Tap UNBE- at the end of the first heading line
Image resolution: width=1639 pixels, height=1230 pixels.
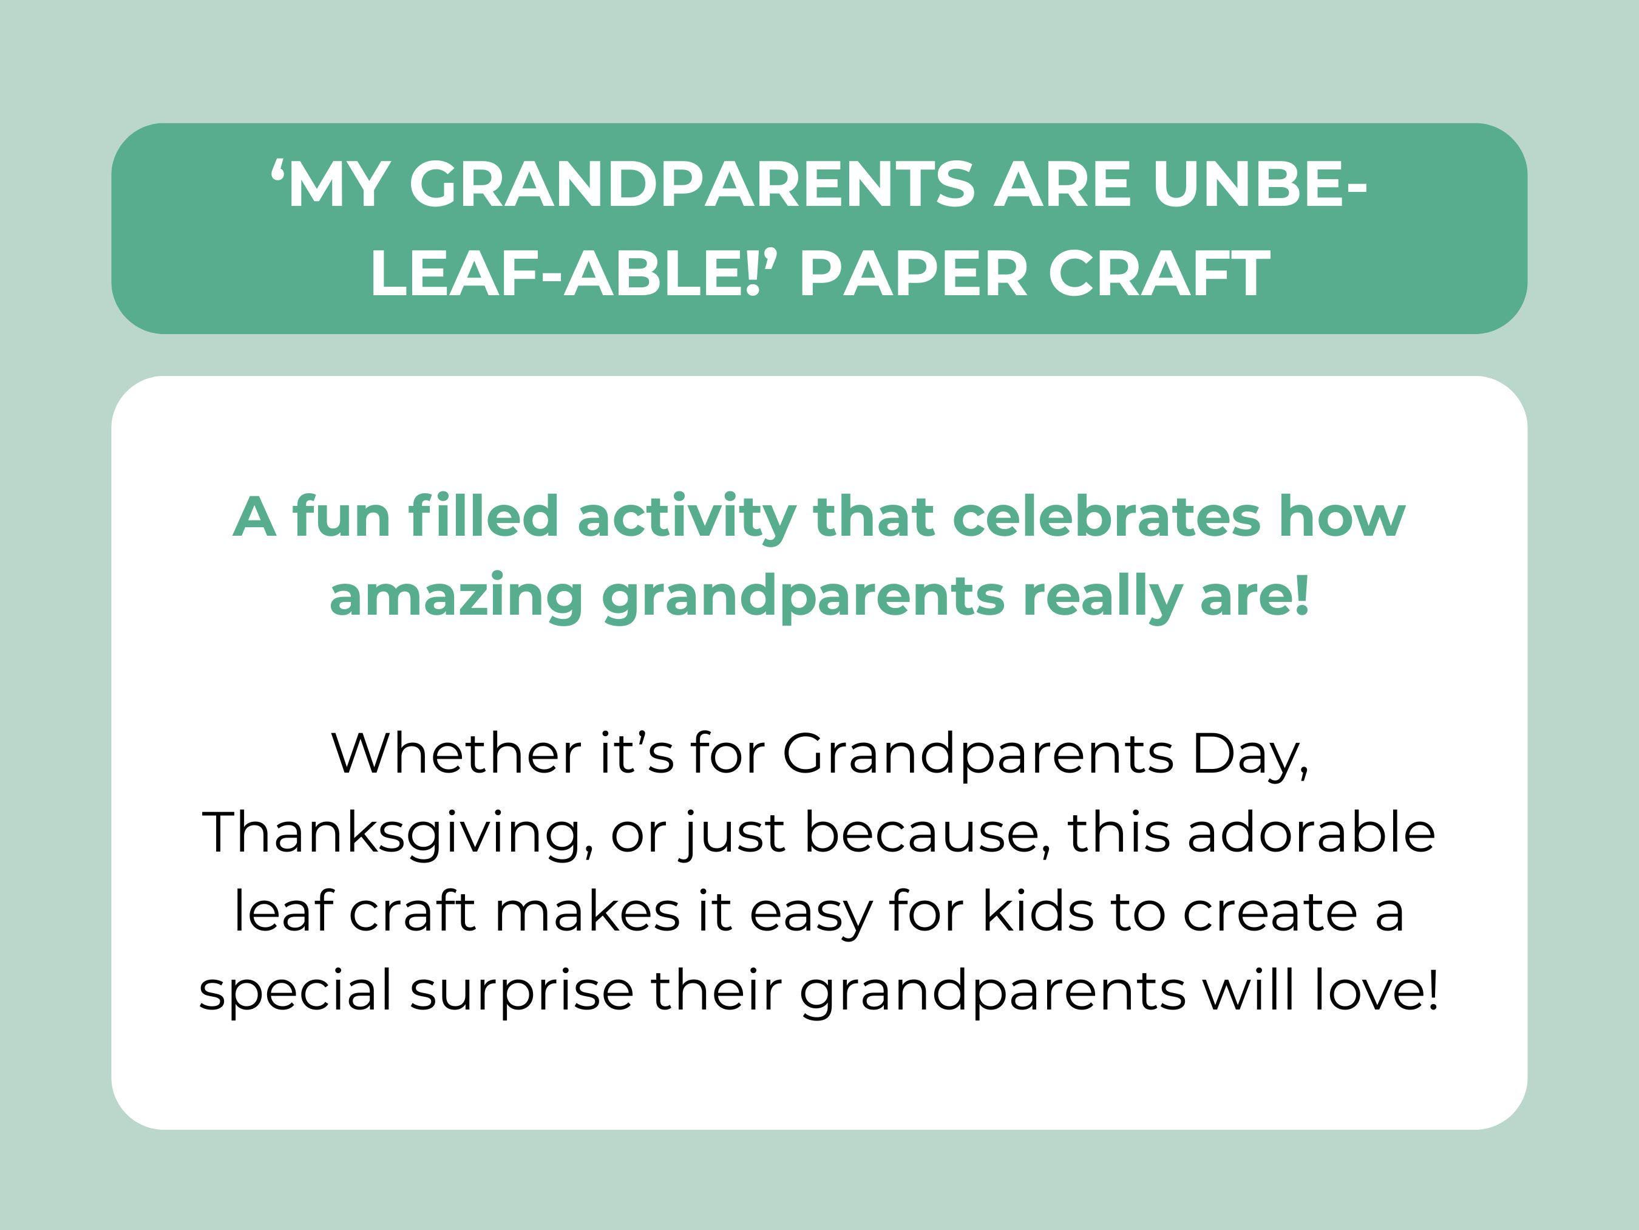click(1259, 185)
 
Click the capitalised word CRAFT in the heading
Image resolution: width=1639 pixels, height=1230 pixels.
click(1159, 272)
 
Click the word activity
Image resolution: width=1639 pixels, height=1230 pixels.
click(685, 518)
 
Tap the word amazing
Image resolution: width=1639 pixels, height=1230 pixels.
click(456, 597)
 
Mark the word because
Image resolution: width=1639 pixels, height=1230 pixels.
click(926, 833)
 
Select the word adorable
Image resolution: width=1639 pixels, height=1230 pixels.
click(1311, 833)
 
